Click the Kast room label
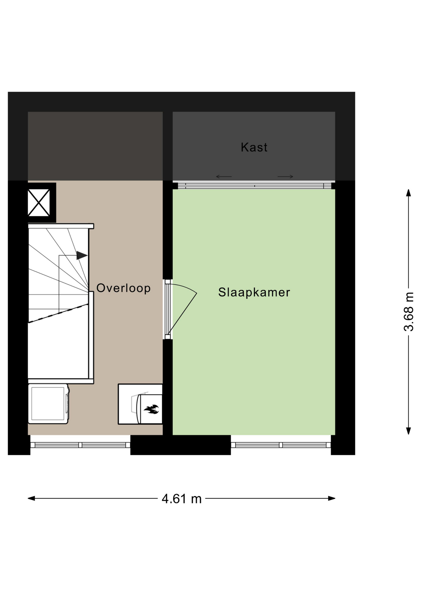coord(254,147)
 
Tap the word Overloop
coord(123,288)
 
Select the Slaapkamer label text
coord(254,292)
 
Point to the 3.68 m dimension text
coord(409,312)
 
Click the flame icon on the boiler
coord(152,409)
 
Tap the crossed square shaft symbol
coord(39,203)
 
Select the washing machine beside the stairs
coord(49,404)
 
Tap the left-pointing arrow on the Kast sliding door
coord(224,177)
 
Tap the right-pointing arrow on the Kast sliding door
coord(285,177)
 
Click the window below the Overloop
coord(80,445)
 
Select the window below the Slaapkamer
coord(281,445)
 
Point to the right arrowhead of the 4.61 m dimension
coord(332,498)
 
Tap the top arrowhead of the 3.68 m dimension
coord(409,193)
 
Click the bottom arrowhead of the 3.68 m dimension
coord(409,431)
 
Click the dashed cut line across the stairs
coord(58,313)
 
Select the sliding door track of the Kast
coord(255,186)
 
